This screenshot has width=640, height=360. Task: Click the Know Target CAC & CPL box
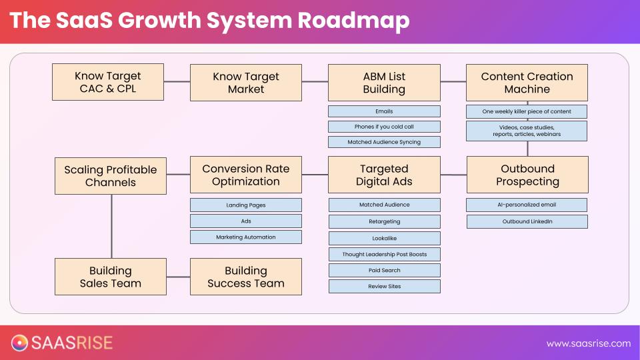click(108, 82)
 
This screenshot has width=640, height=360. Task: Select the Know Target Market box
click(246, 82)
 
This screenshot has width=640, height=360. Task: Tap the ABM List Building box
click(384, 82)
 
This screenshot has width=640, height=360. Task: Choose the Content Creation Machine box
click(527, 82)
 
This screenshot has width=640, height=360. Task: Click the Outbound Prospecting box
click(527, 175)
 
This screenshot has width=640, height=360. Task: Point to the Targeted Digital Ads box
click(384, 175)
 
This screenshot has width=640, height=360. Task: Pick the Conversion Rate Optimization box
click(246, 175)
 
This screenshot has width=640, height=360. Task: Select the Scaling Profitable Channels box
click(111, 175)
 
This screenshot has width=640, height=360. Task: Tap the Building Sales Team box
click(111, 277)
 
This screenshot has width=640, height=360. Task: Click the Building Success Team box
click(246, 277)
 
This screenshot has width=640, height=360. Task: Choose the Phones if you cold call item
click(384, 127)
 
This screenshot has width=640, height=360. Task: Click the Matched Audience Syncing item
click(384, 142)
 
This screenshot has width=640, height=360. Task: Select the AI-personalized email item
click(527, 205)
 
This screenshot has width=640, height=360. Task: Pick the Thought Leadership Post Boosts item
click(384, 254)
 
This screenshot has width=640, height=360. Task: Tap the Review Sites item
click(384, 287)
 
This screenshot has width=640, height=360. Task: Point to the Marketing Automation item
click(246, 237)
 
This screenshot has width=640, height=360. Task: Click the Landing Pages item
click(246, 205)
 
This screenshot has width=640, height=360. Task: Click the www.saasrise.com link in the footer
click(588, 343)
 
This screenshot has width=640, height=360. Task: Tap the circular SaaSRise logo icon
click(20, 343)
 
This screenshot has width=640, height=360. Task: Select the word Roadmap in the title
click(353, 21)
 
